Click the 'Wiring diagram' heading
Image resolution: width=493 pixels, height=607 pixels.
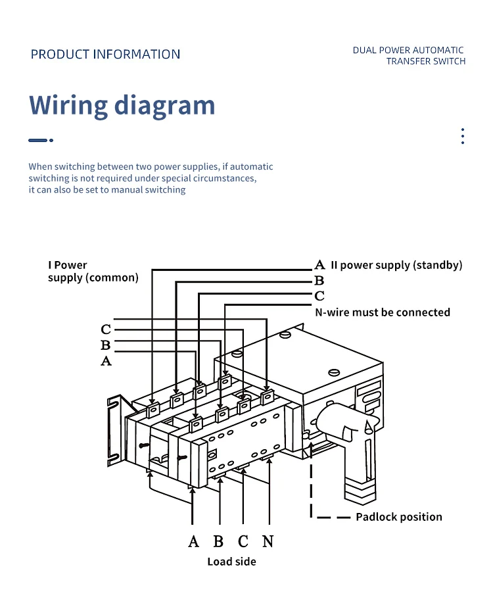122,105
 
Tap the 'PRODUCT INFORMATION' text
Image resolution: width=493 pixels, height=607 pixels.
105,54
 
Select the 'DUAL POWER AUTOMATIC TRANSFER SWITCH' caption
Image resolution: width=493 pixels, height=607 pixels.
409,55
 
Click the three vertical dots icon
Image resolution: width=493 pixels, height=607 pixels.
462,136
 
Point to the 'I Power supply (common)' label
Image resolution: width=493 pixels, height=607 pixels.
93,272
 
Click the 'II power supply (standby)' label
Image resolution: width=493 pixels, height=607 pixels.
396,265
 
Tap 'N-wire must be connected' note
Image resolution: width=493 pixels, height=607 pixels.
383,312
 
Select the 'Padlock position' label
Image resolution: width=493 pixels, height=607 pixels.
398,517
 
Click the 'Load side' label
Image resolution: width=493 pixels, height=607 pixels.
231,562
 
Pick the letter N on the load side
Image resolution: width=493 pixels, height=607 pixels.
268,541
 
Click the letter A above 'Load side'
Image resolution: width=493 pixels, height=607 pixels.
193,541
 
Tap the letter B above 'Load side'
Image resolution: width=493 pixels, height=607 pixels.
218,541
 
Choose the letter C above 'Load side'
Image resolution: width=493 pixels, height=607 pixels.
243,541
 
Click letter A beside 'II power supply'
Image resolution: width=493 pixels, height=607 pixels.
319,265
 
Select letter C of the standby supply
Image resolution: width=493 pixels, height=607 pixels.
319,296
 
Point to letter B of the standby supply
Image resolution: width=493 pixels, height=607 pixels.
319,280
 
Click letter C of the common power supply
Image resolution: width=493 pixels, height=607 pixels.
106,329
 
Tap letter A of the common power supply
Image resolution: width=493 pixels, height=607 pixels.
106,361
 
